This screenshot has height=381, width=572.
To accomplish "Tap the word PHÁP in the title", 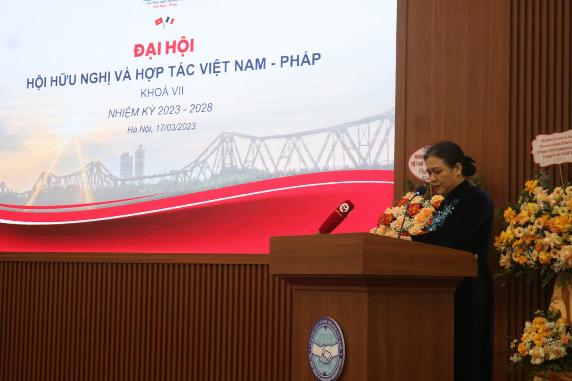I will click(300, 60).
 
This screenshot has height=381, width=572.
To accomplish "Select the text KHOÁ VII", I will click(162, 92).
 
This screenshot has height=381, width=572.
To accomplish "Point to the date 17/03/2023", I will click(175, 127).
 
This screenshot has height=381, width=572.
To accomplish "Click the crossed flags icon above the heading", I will click(164, 21).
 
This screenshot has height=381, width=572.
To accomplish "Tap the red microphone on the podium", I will click(336, 217).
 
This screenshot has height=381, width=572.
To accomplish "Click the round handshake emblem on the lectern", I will click(326, 349).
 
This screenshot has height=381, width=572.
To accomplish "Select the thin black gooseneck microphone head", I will click(421, 190).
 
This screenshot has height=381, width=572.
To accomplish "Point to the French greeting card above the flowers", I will click(553, 148).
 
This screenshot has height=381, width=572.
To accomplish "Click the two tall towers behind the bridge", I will click(133, 162).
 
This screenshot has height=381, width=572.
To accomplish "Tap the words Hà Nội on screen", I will click(139, 129).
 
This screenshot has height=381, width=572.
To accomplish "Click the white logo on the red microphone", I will click(344, 208).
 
